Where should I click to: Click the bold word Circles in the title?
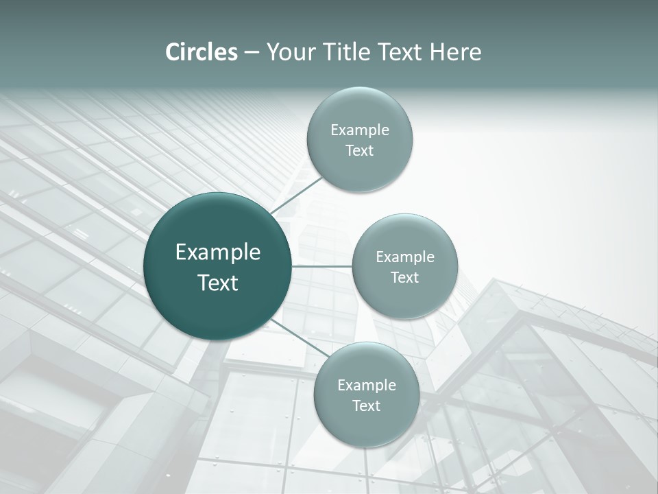(202, 52)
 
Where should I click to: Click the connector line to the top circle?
(297, 194)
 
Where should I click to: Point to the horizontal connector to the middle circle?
(322, 266)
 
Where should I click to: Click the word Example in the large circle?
(218, 252)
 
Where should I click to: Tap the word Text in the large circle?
(218, 283)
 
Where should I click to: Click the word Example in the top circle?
(360, 130)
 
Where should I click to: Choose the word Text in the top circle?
(360, 151)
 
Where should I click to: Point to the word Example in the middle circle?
(405, 257)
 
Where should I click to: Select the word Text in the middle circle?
(405, 278)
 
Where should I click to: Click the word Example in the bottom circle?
(367, 386)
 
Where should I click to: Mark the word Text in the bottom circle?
(367, 406)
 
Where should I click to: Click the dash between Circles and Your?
(252, 53)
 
